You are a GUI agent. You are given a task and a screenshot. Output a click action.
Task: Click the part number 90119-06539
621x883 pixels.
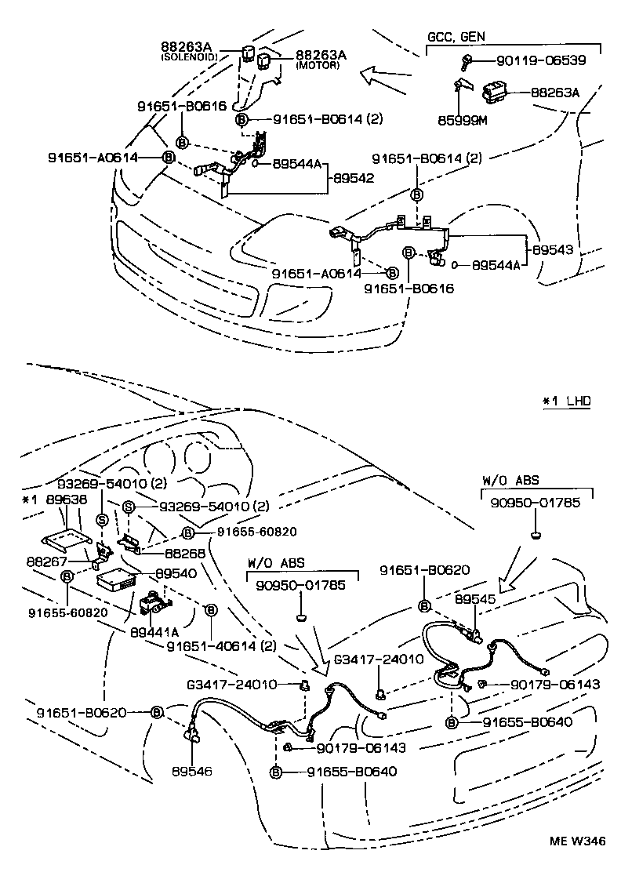pyautogui.click(x=535, y=60)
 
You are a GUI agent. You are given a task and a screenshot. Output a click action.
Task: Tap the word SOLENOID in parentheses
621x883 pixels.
pyautogui.click(x=191, y=58)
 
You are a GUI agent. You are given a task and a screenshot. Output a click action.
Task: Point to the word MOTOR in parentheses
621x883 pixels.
pyautogui.click(x=318, y=66)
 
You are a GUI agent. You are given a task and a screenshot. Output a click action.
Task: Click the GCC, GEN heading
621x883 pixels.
pyautogui.click(x=456, y=37)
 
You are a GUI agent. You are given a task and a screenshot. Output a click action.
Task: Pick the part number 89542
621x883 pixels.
pyautogui.click(x=353, y=178)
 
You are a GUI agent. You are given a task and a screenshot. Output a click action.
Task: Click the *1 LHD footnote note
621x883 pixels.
pyautogui.click(x=566, y=401)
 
